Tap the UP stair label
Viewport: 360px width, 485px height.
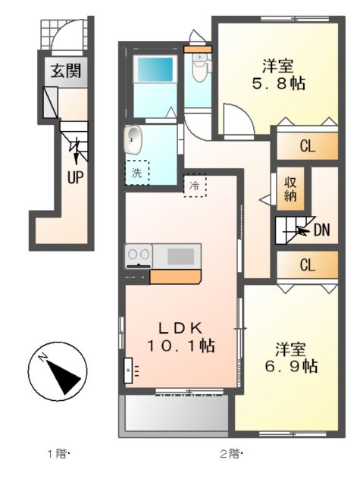tap(76, 177)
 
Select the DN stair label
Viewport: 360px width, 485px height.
tap(321, 228)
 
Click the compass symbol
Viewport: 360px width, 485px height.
tap(56, 370)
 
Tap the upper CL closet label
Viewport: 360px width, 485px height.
tap(306, 147)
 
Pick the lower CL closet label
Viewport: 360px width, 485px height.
tap(306, 265)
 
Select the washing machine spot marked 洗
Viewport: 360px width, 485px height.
tap(137, 172)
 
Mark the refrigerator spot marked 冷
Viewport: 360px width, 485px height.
tap(194, 185)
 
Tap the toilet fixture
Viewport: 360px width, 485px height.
tap(199, 68)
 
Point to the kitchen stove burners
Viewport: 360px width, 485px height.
tap(138, 255)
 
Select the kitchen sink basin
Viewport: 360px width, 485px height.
tap(180, 255)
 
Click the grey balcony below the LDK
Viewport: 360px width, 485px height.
tap(175, 414)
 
